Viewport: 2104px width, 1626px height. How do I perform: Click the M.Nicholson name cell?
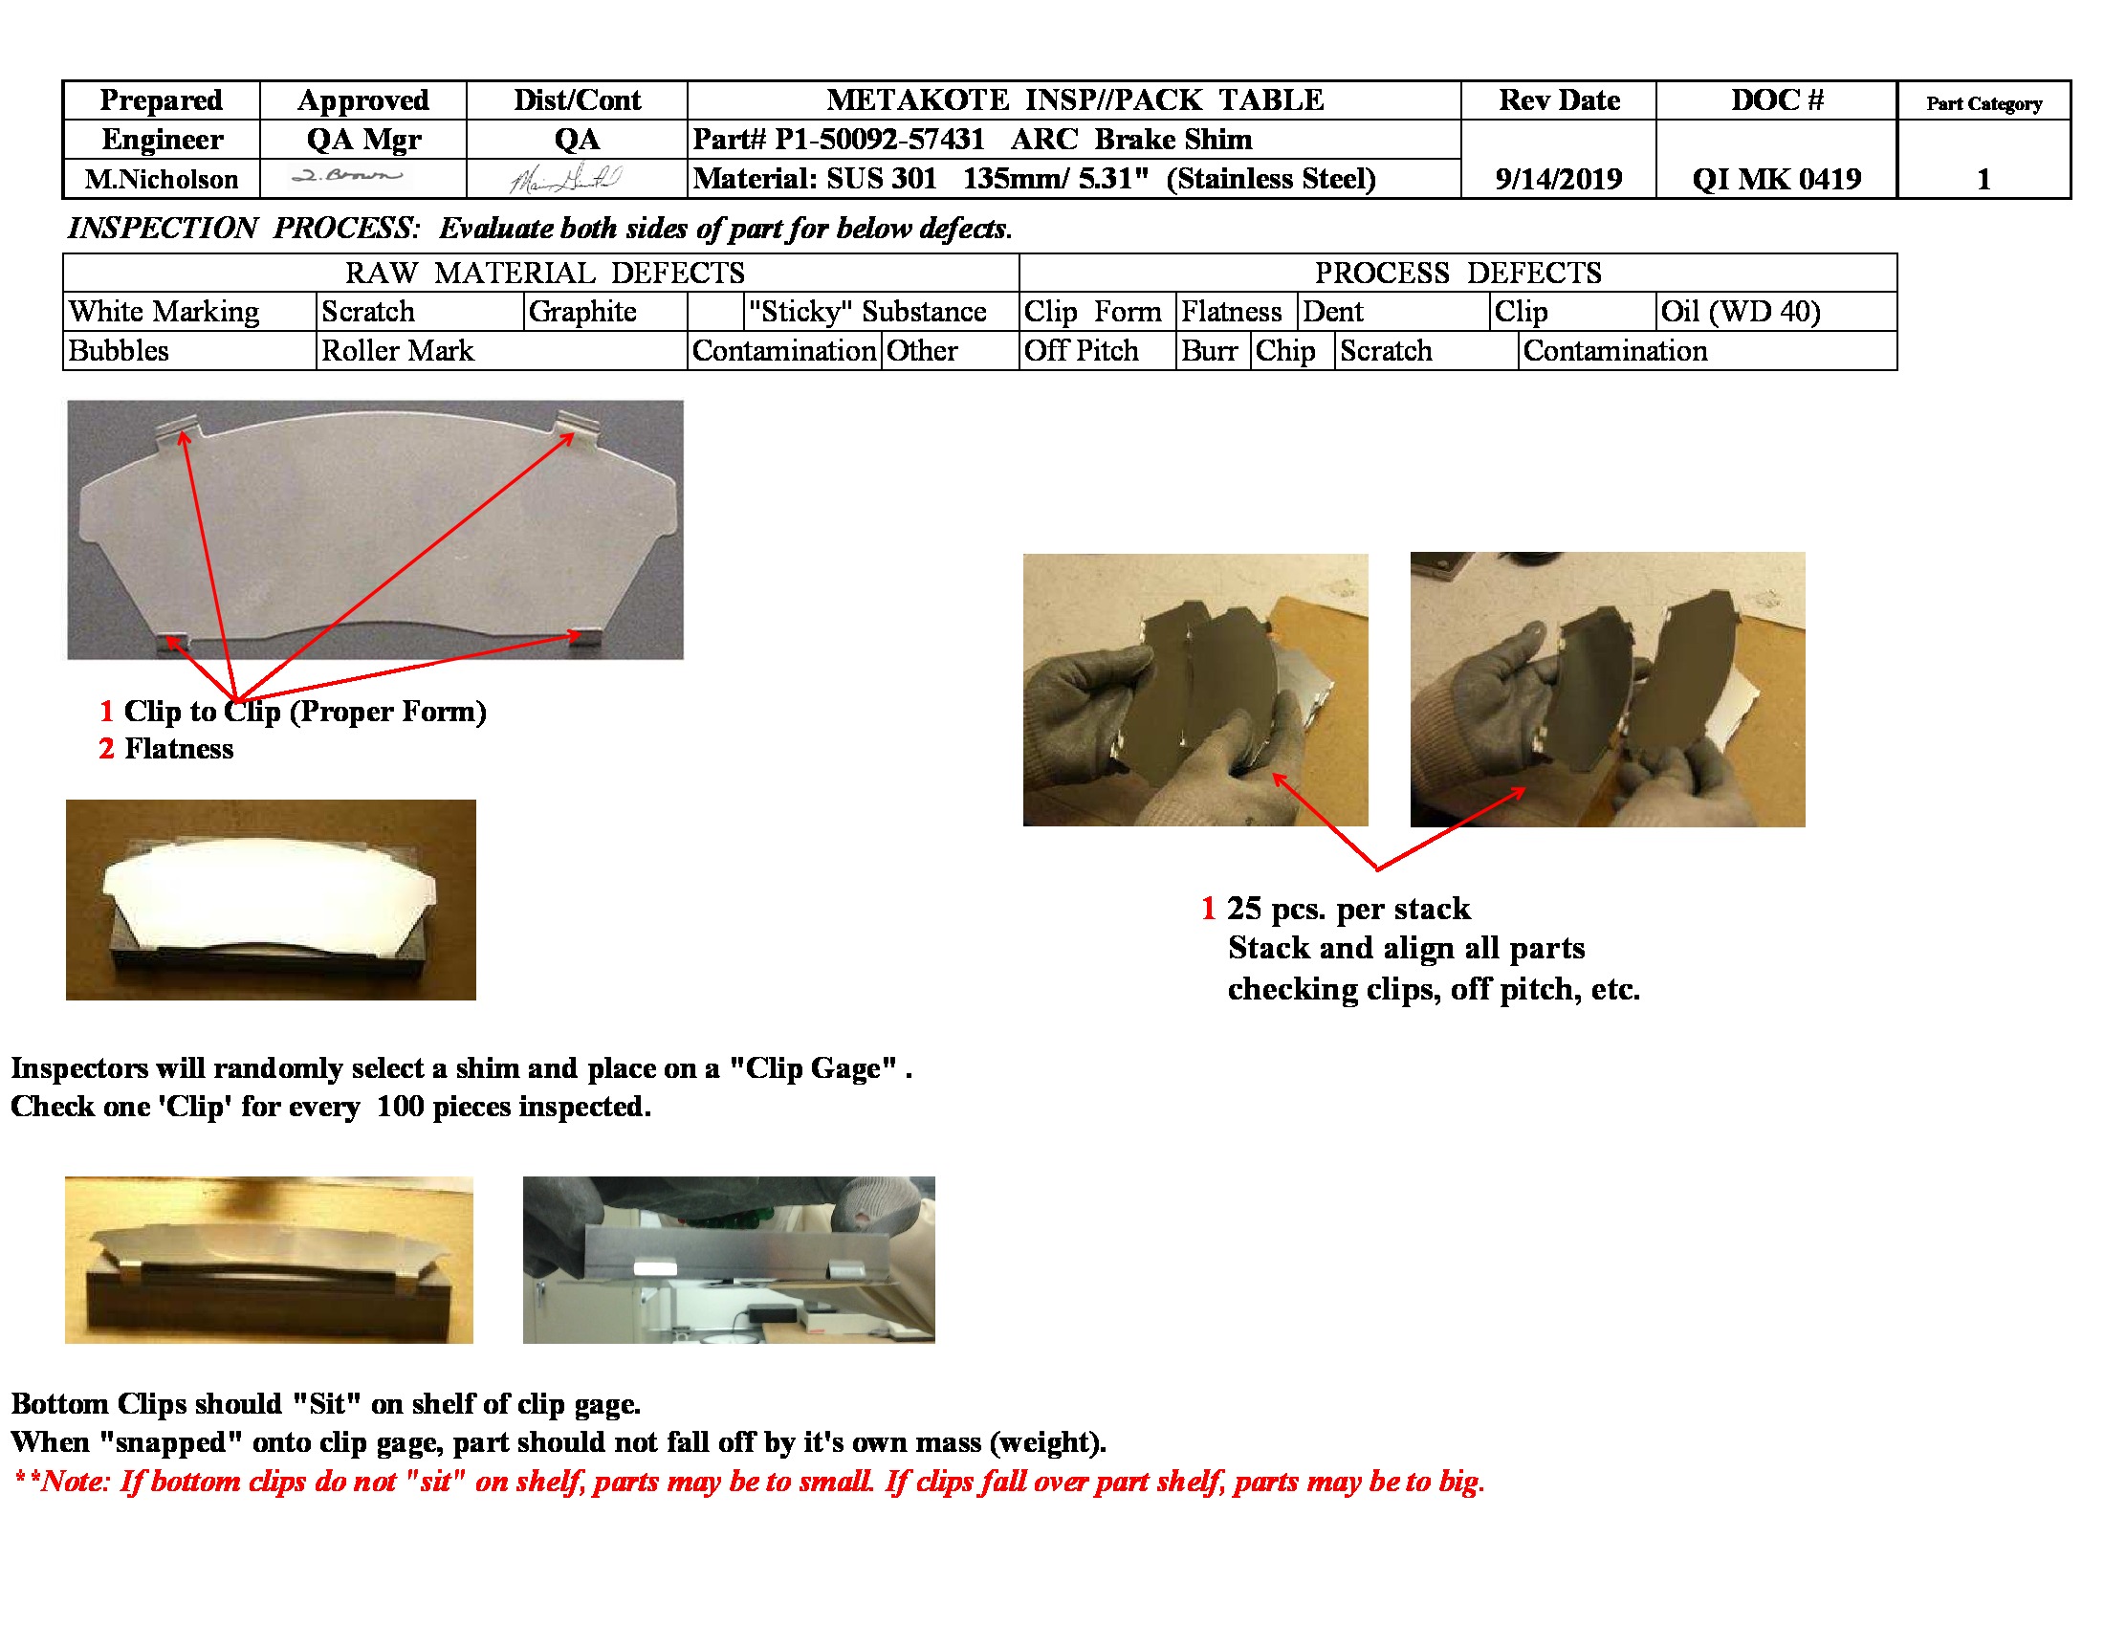pyautogui.click(x=161, y=179)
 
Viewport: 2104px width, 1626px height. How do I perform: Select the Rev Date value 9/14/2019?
pyautogui.click(x=1558, y=179)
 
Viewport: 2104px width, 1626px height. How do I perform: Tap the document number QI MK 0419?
pyautogui.click(x=1776, y=179)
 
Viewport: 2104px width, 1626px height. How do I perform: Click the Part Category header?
pyautogui.click(x=1983, y=103)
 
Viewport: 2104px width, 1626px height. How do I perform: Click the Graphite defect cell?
pyautogui.click(x=581, y=312)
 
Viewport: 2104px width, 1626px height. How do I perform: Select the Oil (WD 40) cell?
pyautogui.click(x=1740, y=312)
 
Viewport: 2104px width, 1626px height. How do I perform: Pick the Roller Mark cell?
pyautogui.click(x=398, y=351)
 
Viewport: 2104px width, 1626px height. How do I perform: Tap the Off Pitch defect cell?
pyautogui.click(x=1081, y=351)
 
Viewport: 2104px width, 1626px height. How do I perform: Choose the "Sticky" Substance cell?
pyautogui.click(x=867, y=312)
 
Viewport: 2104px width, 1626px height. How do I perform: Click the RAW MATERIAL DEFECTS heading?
pyautogui.click(x=544, y=274)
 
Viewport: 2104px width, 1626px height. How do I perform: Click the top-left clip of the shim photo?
pyautogui.click(x=179, y=428)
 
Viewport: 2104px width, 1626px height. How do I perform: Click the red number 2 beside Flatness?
pyautogui.click(x=106, y=750)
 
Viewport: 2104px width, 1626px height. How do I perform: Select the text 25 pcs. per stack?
pyautogui.click(x=1348, y=909)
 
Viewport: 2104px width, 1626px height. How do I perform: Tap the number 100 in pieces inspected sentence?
pyautogui.click(x=400, y=1107)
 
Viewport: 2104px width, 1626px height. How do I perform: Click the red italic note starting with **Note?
pyautogui.click(x=749, y=1481)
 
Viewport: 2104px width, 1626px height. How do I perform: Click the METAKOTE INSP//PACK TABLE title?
pyautogui.click(x=1074, y=100)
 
